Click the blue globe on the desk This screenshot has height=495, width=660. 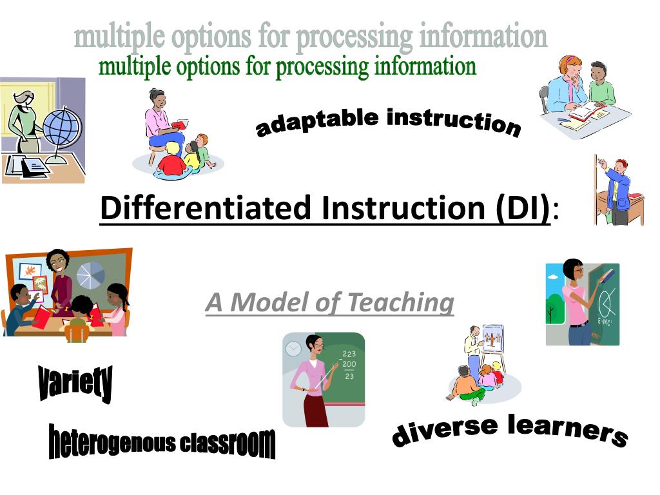coord(63,127)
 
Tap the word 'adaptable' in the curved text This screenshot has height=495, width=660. coord(317,121)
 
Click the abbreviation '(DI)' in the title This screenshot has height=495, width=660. coord(523,208)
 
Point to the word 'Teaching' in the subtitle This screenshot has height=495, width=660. coord(401,303)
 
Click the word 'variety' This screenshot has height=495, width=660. coord(75,383)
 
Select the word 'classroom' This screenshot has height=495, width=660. coord(228,443)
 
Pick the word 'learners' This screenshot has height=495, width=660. coord(568,429)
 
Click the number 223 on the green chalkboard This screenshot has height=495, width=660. coord(349,354)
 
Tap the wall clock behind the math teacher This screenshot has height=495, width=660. coord(293,348)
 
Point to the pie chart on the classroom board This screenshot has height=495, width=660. coord(91,275)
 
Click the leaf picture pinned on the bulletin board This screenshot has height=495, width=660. coord(30,271)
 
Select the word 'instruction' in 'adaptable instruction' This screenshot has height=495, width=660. coord(454,122)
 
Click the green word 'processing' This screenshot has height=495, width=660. coord(322,67)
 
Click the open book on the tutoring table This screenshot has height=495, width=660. coord(587,111)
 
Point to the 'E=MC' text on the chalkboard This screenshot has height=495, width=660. coord(605,322)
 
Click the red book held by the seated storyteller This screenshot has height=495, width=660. coord(180,124)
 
